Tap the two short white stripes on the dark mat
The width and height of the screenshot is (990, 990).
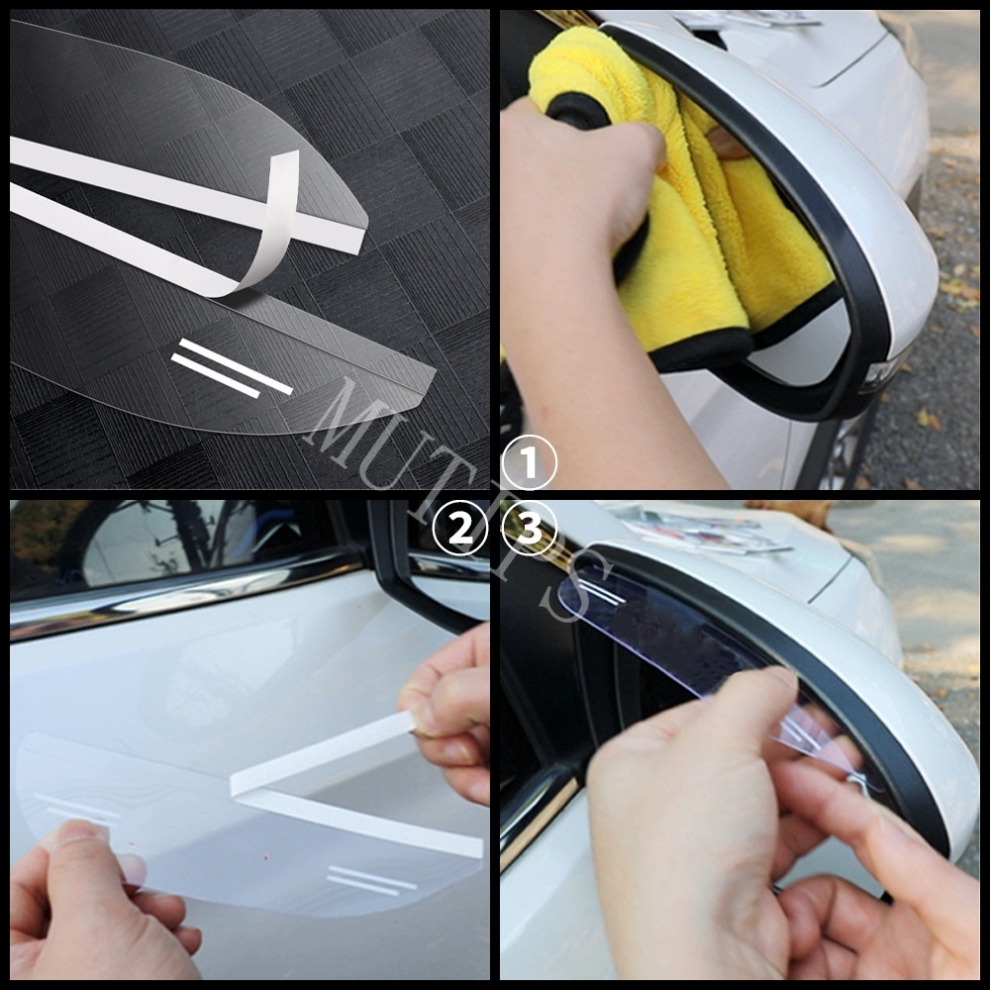pyautogui.click(x=232, y=367)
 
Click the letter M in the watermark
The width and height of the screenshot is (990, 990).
pyautogui.click(x=342, y=416)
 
